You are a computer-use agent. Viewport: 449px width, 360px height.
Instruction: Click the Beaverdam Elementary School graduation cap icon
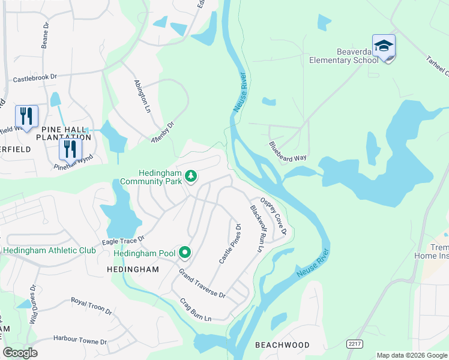coord(384,46)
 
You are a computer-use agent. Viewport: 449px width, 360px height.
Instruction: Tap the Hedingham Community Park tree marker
coord(191,176)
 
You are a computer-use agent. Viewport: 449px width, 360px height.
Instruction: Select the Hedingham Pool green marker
coord(185,253)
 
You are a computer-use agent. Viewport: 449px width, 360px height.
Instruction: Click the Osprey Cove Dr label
coord(273,216)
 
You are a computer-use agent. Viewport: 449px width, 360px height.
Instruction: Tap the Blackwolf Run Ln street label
coord(256,228)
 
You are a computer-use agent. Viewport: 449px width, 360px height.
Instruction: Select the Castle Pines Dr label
coord(230,244)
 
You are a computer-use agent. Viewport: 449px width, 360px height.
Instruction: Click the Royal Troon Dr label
coord(91,306)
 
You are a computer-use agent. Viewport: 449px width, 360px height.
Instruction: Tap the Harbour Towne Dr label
coord(79,341)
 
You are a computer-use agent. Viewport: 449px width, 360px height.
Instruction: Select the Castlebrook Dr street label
coord(35,77)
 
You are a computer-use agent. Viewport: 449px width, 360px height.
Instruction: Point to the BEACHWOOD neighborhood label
coord(282,345)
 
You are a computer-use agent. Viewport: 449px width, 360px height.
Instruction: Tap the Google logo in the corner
coord(20,353)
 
